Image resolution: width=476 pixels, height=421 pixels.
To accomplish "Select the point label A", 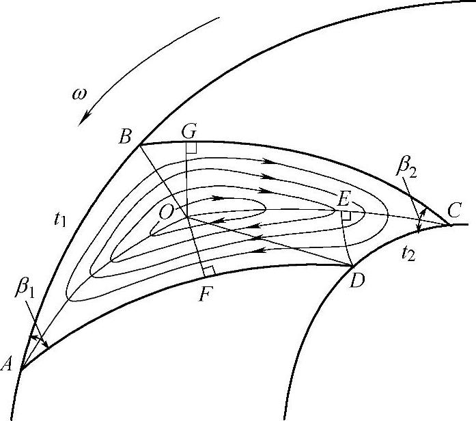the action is pos(8,364).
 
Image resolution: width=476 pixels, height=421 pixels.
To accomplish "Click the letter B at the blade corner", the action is pos(125,137).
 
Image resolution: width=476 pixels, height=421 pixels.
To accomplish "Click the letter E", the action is pos(344,199).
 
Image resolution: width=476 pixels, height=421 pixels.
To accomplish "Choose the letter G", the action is pos(189,130).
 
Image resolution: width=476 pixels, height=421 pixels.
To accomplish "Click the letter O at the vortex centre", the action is pos(165,213).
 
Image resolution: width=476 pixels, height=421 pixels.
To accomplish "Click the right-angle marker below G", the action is pos(191,147).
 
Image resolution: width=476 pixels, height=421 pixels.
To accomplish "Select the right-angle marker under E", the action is pos(346,215).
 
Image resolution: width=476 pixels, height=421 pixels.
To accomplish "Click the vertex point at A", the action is pos(20,370).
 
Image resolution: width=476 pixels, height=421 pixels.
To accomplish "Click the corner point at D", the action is pos(350,265).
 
